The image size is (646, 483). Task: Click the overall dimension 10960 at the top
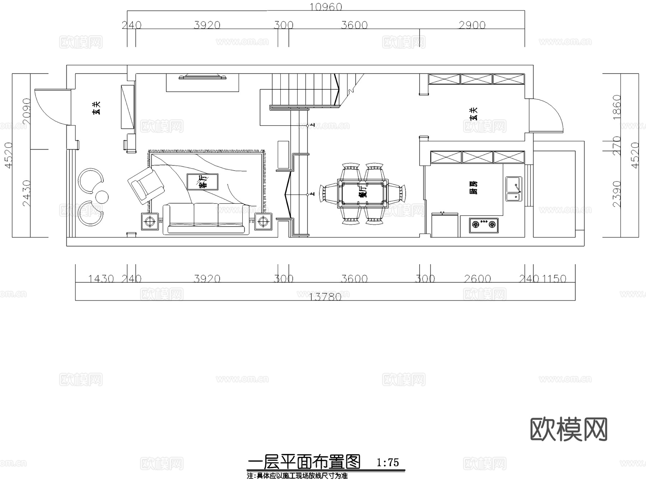point(326,7)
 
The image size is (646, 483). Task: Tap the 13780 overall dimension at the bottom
point(325,297)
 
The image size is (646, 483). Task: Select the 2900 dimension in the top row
point(472,25)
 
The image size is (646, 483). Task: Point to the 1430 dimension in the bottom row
point(101,279)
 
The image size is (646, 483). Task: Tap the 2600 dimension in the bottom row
point(477,279)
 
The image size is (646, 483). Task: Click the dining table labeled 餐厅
point(363,194)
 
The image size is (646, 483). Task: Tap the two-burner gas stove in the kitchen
point(483,225)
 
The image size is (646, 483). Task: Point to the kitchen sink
point(514,189)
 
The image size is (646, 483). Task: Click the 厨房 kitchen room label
point(473,188)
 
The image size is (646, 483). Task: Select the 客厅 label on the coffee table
point(202,182)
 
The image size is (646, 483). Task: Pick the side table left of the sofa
point(150,222)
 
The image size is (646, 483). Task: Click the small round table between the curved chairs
point(102,196)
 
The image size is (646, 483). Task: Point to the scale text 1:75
point(388,463)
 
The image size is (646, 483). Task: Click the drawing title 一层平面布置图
point(304,462)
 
